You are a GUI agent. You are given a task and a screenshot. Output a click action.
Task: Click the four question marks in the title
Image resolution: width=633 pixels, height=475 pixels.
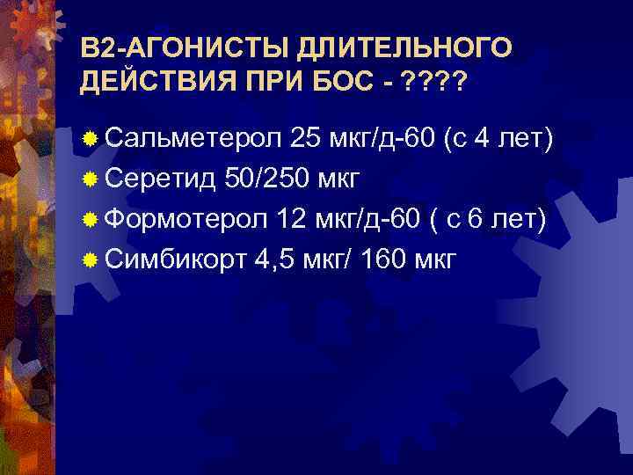tap(433, 84)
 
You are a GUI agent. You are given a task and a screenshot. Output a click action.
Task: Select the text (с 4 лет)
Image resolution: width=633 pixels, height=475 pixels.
tap(498, 138)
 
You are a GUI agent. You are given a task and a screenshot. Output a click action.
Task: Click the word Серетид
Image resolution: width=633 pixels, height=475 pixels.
tap(162, 179)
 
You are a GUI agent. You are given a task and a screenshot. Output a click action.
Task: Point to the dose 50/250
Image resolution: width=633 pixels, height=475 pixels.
tap(266, 179)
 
